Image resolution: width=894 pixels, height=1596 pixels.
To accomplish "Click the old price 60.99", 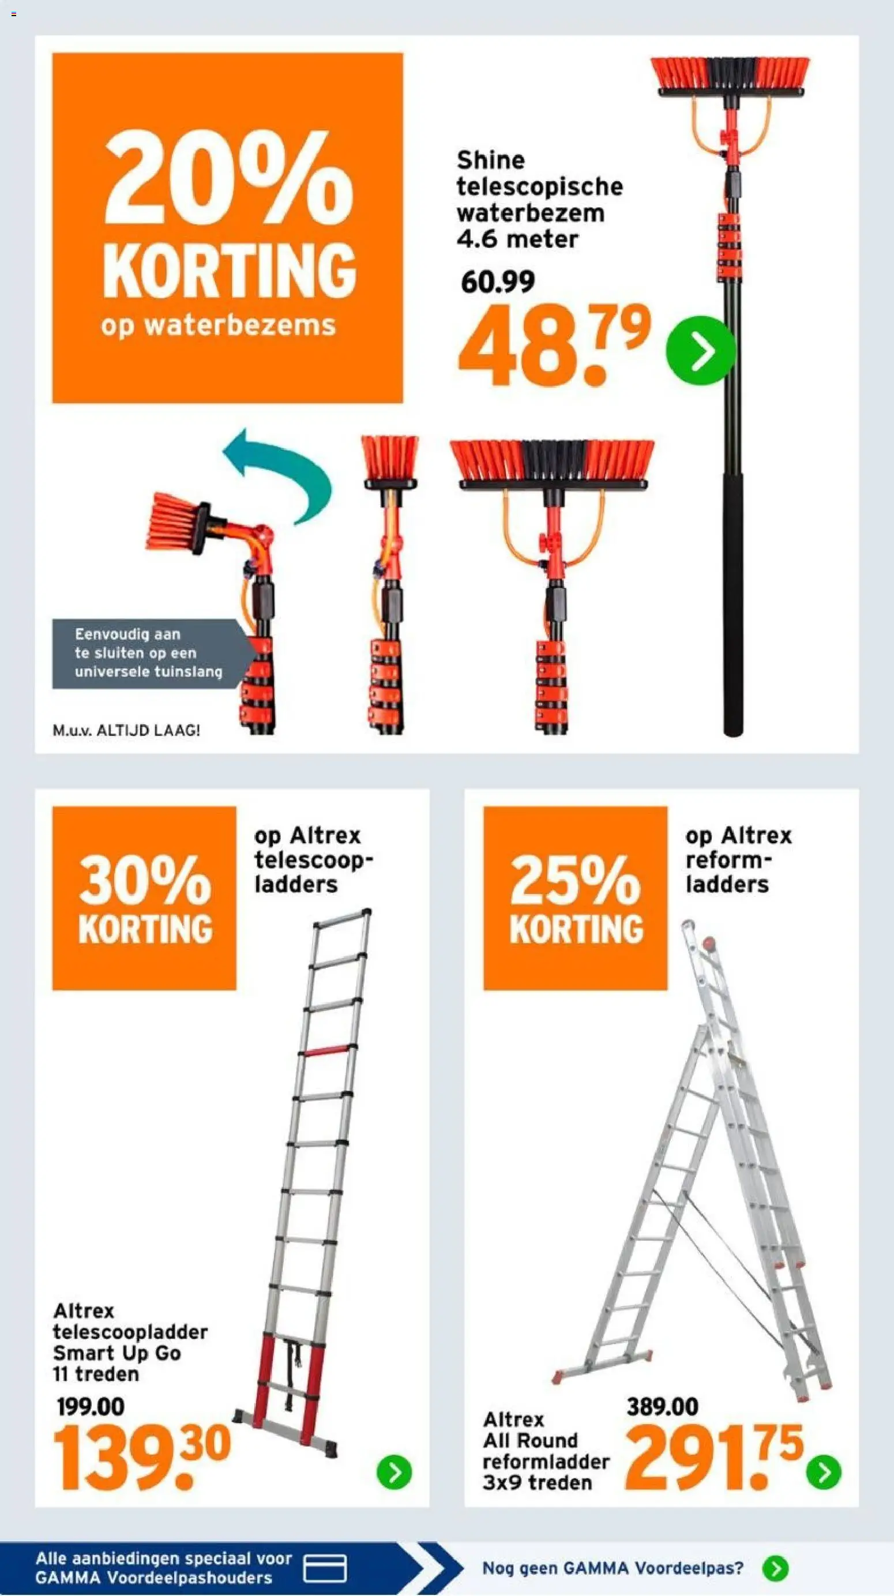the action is pos(498,283).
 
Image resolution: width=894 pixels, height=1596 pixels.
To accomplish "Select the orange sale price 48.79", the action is pos(554,346).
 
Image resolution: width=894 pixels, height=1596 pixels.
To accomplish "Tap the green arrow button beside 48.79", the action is pos(700,351).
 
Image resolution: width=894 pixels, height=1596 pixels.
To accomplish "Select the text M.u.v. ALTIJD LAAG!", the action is pos(126,730).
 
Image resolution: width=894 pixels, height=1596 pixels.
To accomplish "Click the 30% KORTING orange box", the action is pos(144,897).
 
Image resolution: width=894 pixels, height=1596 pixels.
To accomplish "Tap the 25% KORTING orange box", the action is pos(576,897).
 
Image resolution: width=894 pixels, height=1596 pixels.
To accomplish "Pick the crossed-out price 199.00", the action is pos(91,1406).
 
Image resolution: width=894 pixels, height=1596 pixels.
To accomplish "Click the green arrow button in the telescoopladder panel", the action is pos(394,1472).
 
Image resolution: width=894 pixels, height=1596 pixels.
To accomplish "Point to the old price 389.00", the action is pos(662,1406).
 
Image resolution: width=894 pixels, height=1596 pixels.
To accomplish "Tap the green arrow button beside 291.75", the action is pos(824,1472).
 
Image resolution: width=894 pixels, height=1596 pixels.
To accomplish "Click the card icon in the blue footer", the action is pos(325,1569).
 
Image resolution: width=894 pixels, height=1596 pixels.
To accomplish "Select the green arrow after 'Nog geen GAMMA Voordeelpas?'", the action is pos(776,1569).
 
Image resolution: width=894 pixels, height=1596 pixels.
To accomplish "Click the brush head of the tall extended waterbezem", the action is pos(730,77).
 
